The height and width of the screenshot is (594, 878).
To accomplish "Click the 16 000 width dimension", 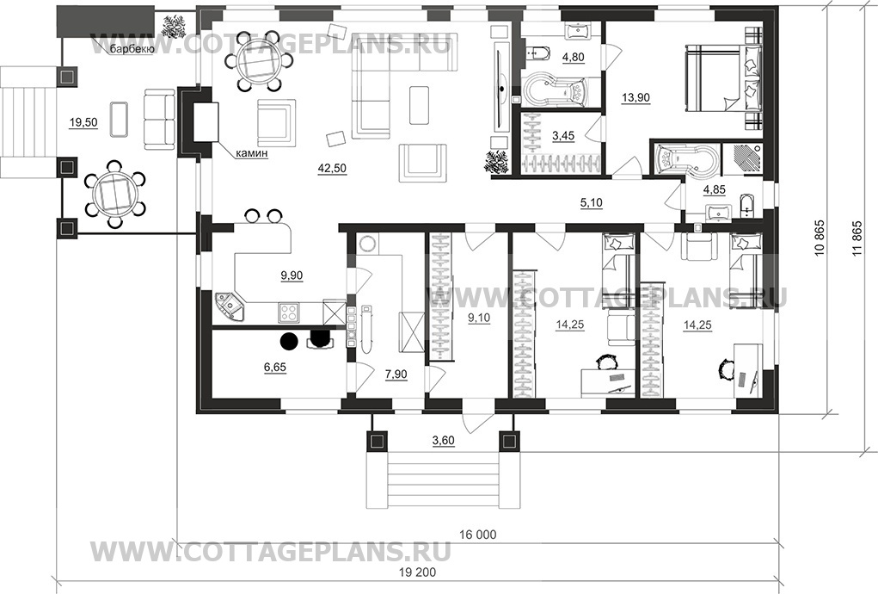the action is point(477,535).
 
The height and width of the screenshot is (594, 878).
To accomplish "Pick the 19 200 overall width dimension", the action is point(418,572).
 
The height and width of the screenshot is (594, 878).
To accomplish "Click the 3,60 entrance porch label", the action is point(444,441).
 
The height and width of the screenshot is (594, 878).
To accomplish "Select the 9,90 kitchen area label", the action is point(292,275).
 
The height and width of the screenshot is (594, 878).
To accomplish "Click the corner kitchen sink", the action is point(230,306).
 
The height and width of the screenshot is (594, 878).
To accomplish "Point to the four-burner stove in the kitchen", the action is point(288,312).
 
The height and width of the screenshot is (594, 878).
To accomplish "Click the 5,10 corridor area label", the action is point(592,202).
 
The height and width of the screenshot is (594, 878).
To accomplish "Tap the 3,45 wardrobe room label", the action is point(563,136).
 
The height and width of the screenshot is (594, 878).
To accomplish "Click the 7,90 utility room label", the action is point(396,374).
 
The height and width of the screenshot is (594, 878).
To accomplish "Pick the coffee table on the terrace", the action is point(118,119).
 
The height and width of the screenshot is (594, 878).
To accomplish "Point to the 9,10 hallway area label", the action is point(479,318).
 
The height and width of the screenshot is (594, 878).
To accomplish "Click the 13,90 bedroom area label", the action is point(635,97).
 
